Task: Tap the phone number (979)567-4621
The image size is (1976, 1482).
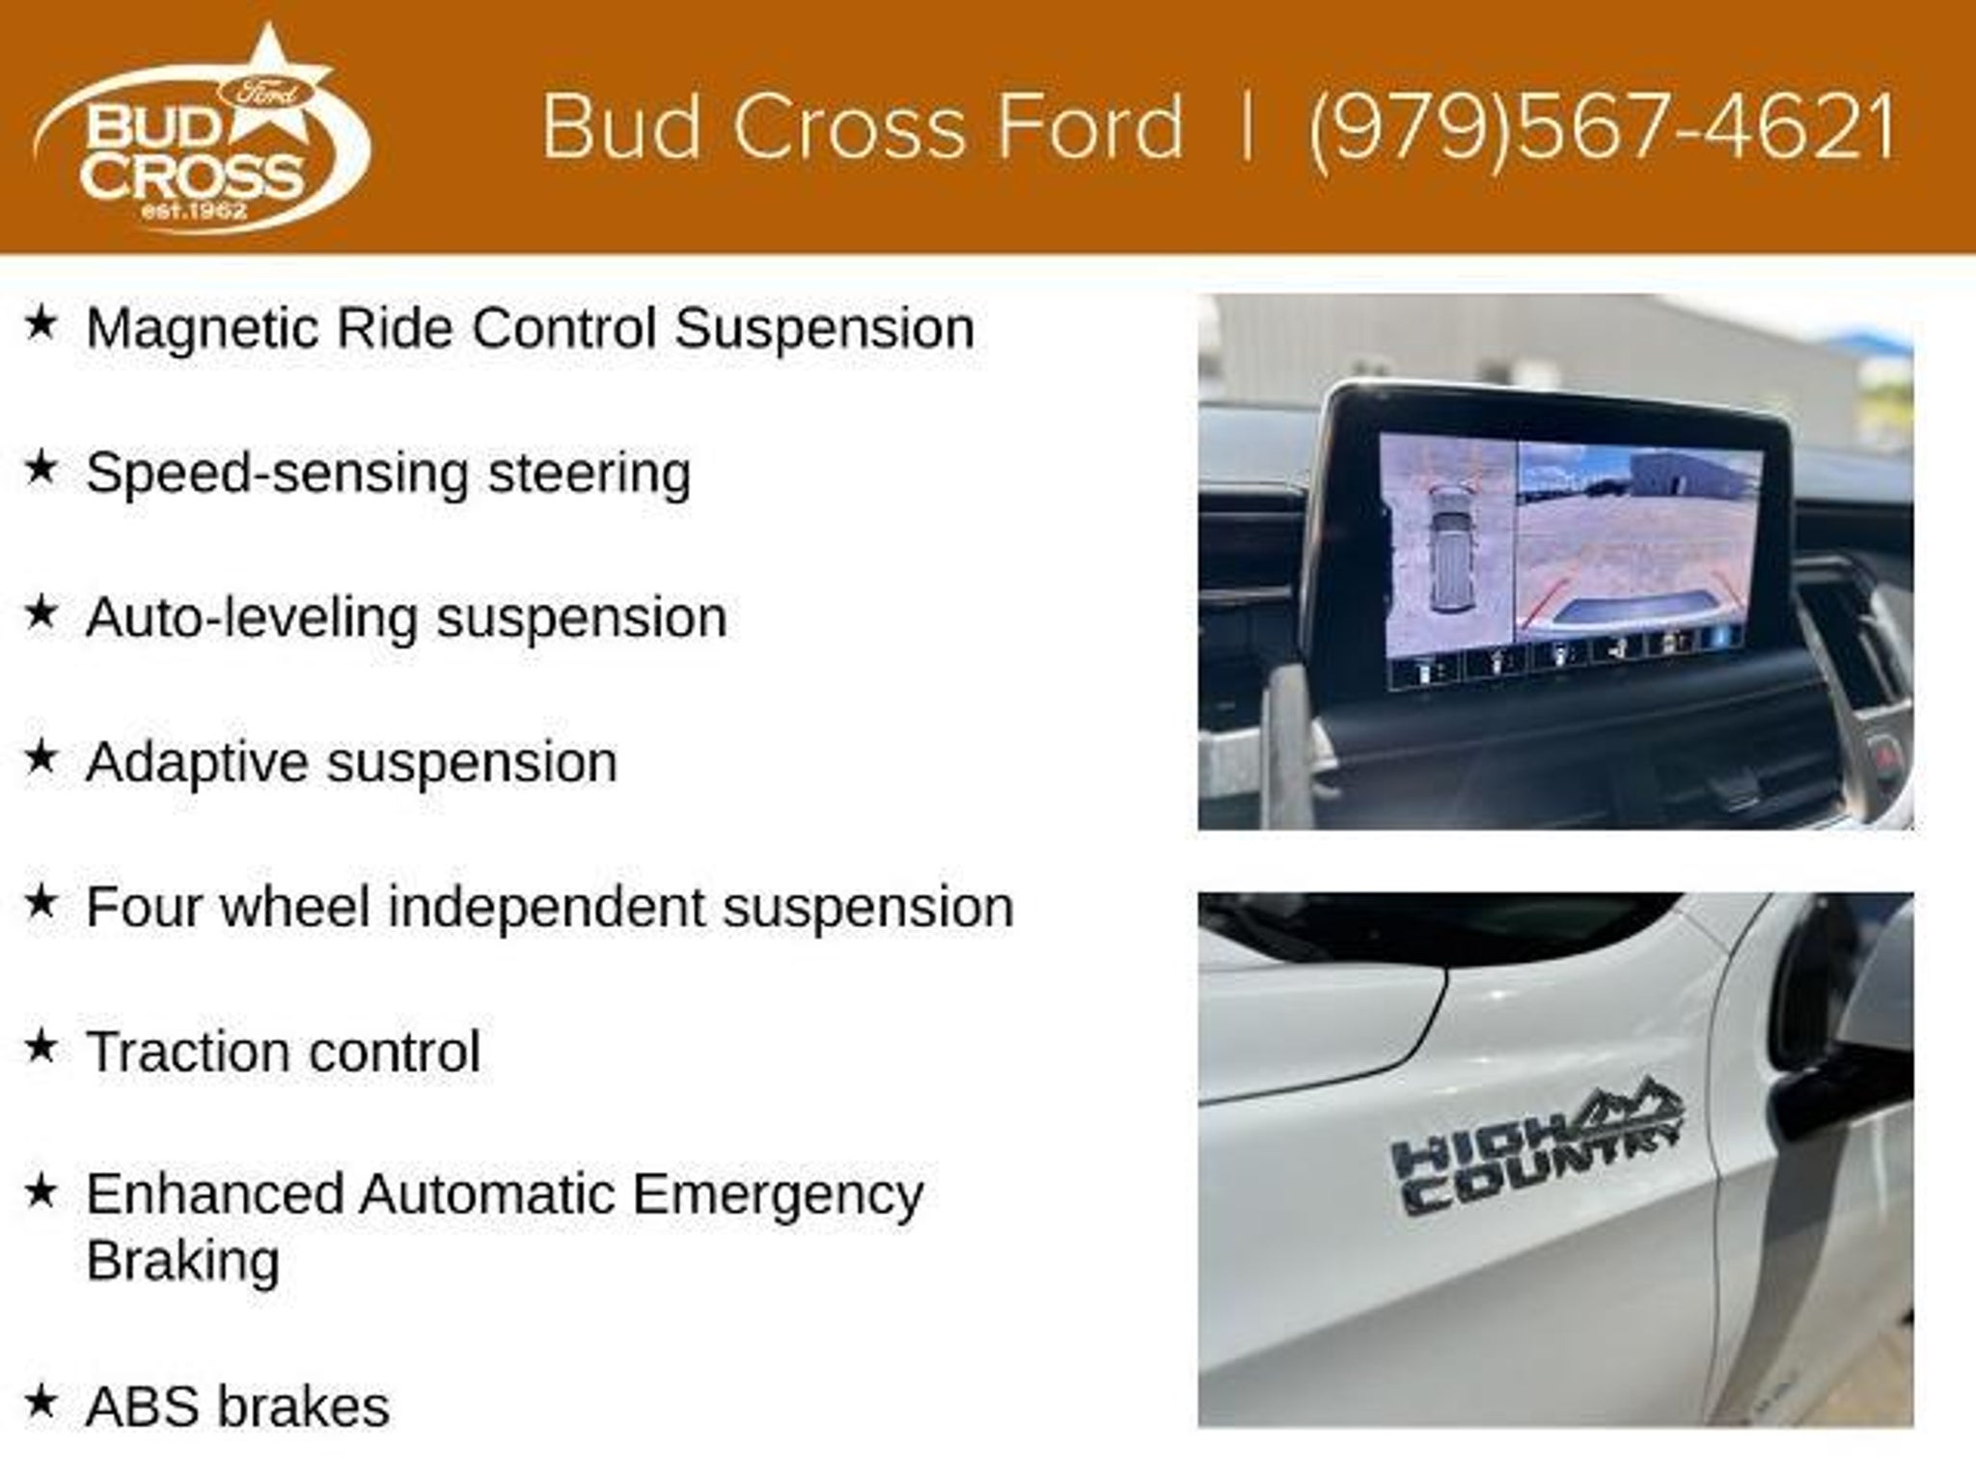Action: coord(1603,127)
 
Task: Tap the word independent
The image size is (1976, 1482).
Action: coord(546,908)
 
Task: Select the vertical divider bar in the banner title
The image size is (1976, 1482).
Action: coord(1247,127)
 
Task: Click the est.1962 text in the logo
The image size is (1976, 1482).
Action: coord(195,209)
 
